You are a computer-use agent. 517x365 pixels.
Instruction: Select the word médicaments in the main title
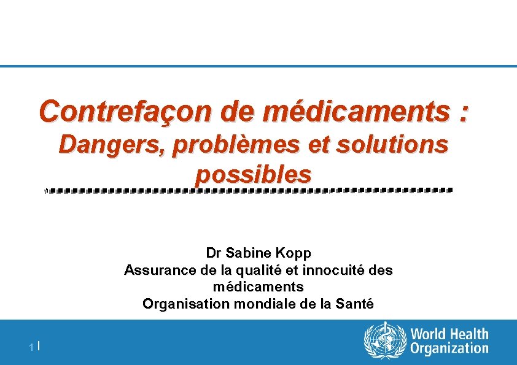(x=354, y=112)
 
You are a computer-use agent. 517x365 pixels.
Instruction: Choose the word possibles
(x=254, y=175)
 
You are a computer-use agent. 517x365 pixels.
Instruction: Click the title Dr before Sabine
(x=214, y=253)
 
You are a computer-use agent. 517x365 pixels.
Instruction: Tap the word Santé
(x=354, y=304)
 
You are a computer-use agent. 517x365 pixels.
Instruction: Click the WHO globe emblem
(x=385, y=342)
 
